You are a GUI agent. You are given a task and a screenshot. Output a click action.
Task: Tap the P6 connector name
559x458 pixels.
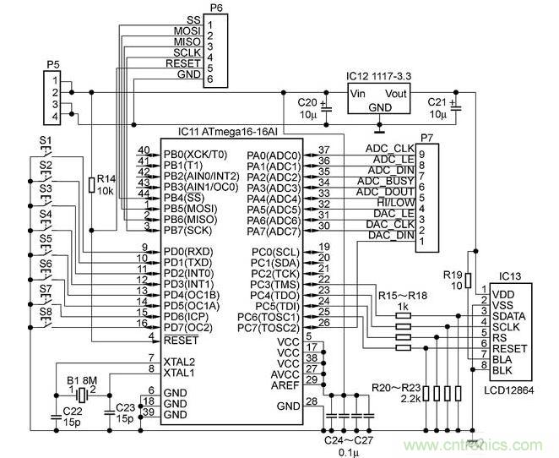(216, 7)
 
